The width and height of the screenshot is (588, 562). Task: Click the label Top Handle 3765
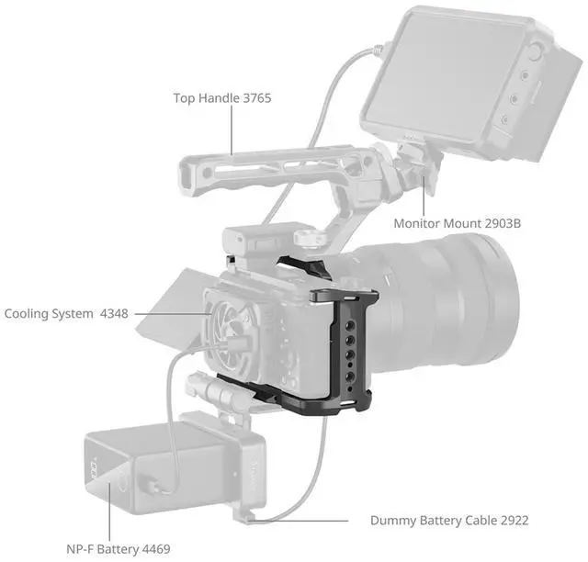coord(223,96)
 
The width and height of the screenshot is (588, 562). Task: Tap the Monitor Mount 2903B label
coord(458,223)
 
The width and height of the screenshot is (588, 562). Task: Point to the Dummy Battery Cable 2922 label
coord(449,521)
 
